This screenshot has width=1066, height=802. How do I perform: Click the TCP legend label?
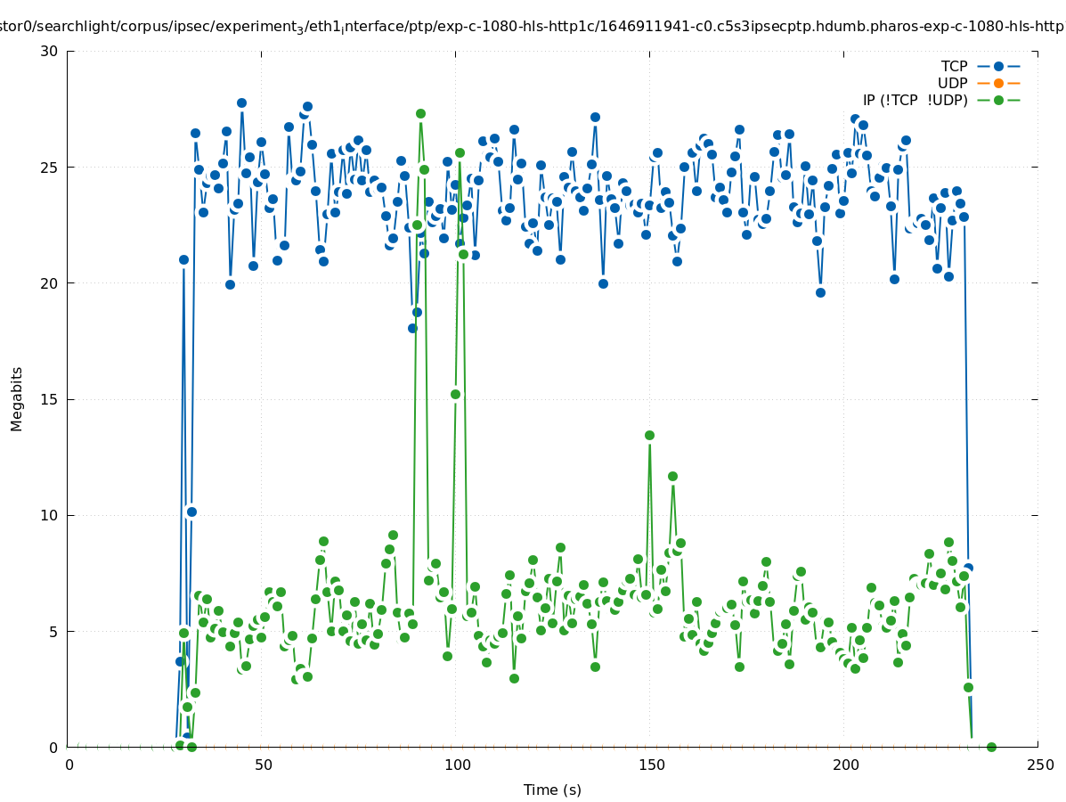click(954, 66)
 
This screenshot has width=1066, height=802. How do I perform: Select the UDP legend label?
click(952, 83)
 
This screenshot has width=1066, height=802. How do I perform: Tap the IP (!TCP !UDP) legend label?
click(915, 100)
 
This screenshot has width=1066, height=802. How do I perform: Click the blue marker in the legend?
click(998, 66)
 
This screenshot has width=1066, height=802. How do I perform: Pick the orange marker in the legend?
click(998, 83)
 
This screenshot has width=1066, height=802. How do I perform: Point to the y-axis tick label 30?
click(49, 51)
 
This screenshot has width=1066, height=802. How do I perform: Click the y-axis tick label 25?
click(49, 167)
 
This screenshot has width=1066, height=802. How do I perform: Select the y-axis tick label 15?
click(49, 399)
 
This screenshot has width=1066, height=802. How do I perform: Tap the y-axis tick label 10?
click(49, 515)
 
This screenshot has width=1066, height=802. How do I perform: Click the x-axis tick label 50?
click(263, 765)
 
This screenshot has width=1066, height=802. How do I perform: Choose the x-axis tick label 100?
click(456, 765)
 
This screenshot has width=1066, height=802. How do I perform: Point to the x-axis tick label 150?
click(650, 765)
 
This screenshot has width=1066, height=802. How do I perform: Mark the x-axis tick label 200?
click(844, 765)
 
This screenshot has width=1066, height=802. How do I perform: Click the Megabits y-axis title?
click(17, 398)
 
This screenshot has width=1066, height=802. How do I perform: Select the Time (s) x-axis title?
click(552, 790)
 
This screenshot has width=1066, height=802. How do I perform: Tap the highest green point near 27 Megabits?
click(420, 113)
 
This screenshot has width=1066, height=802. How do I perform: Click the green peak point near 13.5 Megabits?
click(649, 435)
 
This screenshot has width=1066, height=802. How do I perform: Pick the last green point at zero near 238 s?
click(991, 747)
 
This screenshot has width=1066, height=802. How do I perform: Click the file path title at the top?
click(533, 27)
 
